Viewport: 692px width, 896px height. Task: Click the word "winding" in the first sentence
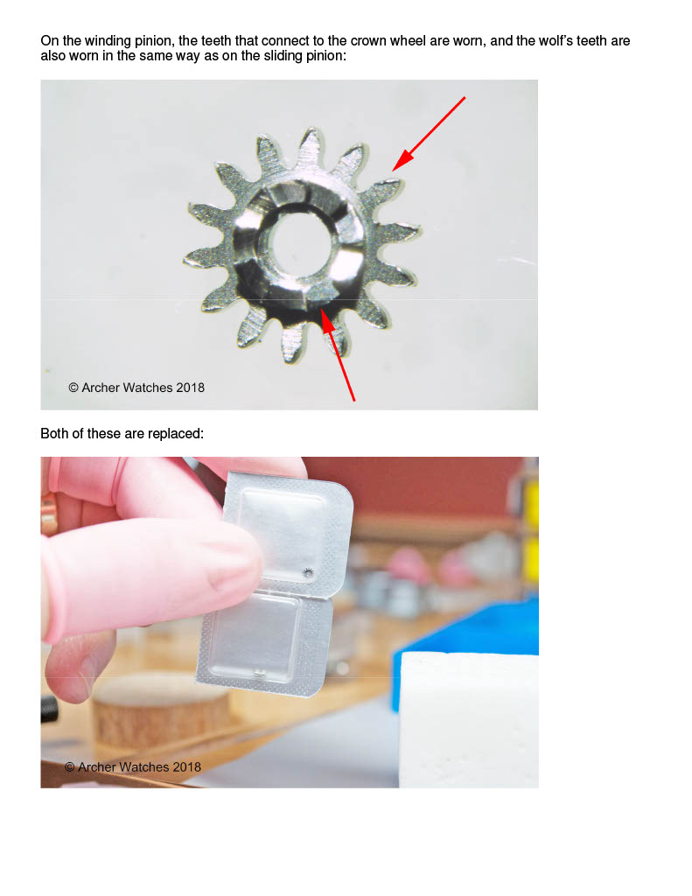(x=108, y=41)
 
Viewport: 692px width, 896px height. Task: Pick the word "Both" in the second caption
(x=54, y=434)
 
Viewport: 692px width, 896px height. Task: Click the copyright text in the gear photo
(x=136, y=388)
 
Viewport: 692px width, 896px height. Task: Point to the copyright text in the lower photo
(x=133, y=766)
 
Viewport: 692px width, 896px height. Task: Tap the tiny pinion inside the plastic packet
(x=309, y=572)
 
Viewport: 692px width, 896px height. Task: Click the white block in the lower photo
(x=470, y=720)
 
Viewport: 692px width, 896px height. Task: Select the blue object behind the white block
(x=465, y=626)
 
